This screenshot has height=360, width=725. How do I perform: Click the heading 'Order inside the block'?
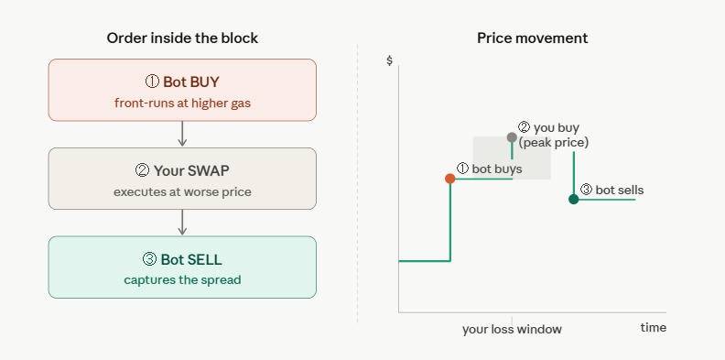point(182,38)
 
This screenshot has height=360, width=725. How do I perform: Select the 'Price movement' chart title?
point(532,38)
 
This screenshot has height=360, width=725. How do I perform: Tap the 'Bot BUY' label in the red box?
point(191,82)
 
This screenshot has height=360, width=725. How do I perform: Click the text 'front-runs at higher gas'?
point(183,103)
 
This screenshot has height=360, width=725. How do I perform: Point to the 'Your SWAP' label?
point(191,170)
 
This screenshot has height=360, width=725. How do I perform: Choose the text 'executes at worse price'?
point(183,191)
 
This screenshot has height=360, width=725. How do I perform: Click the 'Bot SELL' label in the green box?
point(191,259)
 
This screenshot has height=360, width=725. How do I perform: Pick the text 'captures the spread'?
point(183,280)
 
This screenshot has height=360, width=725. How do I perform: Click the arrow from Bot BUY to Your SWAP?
point(182,134)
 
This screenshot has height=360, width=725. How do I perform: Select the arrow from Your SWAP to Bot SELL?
point(182,222)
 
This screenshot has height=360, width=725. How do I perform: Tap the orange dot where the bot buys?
point(449,179)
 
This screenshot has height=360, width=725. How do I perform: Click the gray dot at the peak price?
point(512,137)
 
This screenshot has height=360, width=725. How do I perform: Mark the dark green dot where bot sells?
point(574,199)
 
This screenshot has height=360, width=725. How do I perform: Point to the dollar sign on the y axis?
point(389,60)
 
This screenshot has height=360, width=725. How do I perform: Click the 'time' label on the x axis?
point(654,328)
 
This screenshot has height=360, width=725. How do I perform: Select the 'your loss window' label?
point(512,330)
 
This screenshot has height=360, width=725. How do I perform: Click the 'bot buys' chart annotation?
point(497,169)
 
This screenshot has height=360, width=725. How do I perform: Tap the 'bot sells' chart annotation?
point(620,190)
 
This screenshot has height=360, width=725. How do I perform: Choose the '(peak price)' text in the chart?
point(554,143)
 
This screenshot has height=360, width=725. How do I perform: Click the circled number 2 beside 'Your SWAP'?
point(142,170)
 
